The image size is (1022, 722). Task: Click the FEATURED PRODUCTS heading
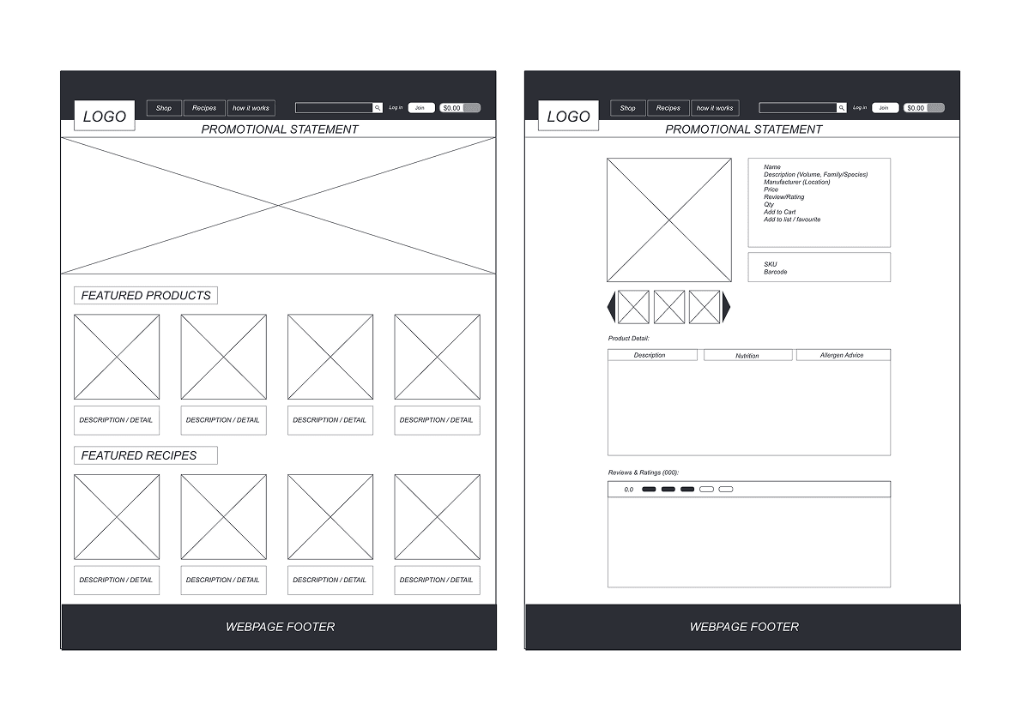146,296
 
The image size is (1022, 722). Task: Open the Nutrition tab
747,356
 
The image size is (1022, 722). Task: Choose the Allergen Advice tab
842,355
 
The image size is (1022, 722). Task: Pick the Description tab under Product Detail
650,355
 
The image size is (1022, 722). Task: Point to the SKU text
771,264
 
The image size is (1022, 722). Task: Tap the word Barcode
776,272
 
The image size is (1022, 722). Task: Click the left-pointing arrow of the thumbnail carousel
612,307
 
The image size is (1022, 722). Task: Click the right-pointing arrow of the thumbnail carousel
726,307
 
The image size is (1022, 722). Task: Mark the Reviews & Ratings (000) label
644,472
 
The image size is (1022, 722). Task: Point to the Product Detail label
629,339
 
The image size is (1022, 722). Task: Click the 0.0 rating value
629,490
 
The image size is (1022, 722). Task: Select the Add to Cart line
780,212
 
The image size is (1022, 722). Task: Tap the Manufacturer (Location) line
797,182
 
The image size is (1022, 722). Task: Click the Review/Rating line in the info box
784,197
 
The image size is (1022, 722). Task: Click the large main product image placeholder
669,220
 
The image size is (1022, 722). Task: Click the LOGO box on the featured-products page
105,117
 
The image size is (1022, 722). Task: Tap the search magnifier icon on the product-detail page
841,108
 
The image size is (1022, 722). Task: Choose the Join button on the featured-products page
420,108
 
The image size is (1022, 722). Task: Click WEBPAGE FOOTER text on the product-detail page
744,627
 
